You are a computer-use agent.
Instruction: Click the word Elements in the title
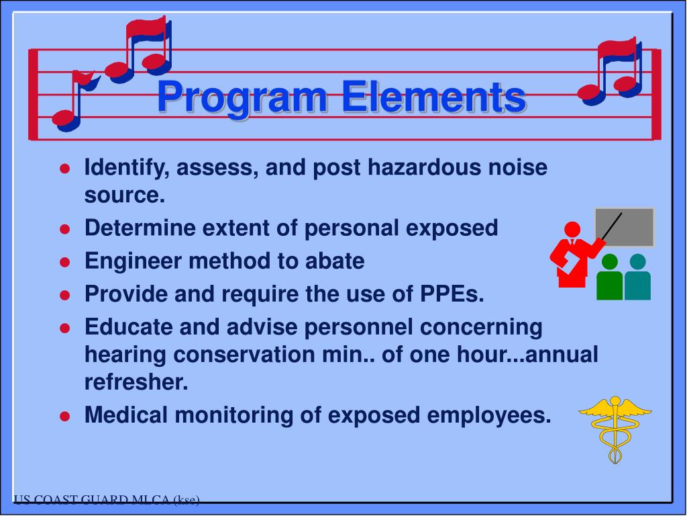(x=433, y=97)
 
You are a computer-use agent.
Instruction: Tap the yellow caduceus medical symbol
(x=615, y=427)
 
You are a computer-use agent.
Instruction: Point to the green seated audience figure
(x=609, y=277)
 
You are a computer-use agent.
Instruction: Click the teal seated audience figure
(x=637, y=277)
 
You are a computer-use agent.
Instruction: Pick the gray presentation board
(x=624, y=226)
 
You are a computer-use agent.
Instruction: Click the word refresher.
(x=136, y=382)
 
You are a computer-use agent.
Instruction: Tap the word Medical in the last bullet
(x=128, y=415)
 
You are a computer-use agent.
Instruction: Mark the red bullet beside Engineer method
(x=65, y=262)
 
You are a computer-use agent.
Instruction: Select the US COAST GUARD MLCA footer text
(x=107, y=499)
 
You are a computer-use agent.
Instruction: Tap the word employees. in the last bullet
(x=488, y=415)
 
